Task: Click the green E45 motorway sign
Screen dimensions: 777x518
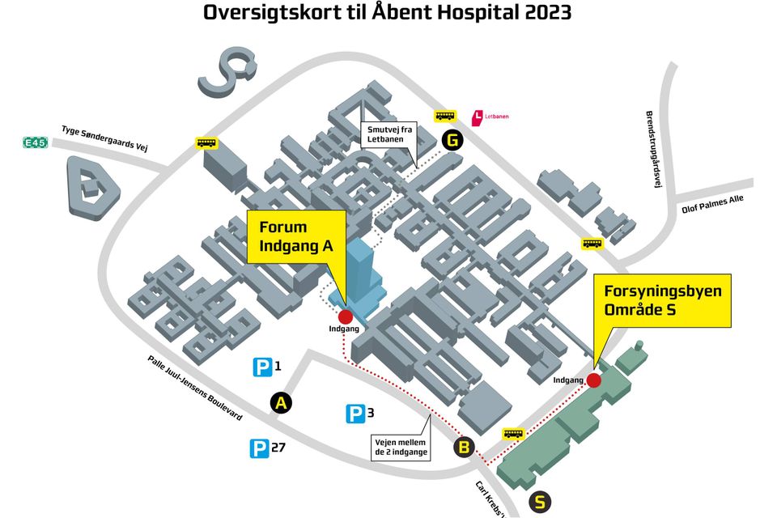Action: (36, 142)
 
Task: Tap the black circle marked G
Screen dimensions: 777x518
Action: (452, 140)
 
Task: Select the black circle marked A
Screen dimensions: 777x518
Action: (281, 403)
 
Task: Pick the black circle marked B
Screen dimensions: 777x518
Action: (465, 448)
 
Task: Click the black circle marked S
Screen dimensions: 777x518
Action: (540, 502)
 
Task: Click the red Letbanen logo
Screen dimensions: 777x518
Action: (478, 117)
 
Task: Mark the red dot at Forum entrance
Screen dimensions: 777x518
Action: (345, 316)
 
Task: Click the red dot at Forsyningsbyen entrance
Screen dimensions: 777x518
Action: (593, 380)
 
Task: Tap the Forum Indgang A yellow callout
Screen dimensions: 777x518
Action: (296, 237)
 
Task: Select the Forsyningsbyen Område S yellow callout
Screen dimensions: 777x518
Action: (663, 300)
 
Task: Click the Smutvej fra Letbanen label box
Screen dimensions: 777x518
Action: (389, 134)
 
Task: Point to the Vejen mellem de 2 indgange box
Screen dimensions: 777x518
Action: (401, 447)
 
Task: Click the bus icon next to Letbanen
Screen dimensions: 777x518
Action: (445, 116)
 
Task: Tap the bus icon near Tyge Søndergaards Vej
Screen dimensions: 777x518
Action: (206, 143)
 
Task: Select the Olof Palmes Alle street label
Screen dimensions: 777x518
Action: (712, 204)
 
